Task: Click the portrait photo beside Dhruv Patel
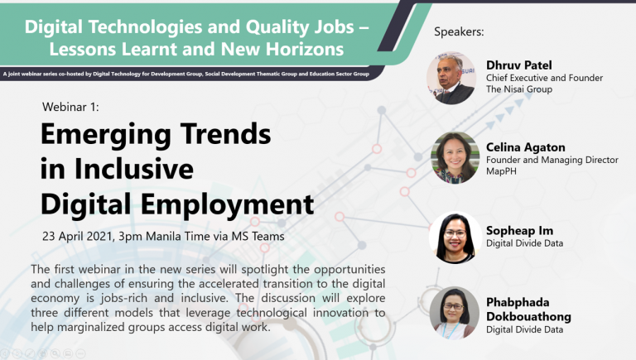pos(451,78)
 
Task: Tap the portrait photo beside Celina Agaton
pos(455,158)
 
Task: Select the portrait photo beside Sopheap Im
pos(455,238)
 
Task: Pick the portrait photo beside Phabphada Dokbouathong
pos(455,313)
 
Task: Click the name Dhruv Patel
pos(518,65)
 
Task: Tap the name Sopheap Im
pos(519,231)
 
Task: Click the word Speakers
pos(459,31)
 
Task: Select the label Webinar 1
pos(70,107)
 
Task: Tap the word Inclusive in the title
pos(134,169)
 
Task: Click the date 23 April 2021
pos(77,237)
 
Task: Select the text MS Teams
pos(258,237)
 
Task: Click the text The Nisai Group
pos(519,89)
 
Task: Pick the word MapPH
pos(501,171)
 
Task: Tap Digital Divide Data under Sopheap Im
pos(524,243)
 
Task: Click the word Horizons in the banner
pos(305,49)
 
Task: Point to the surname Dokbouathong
pos(528,317)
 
